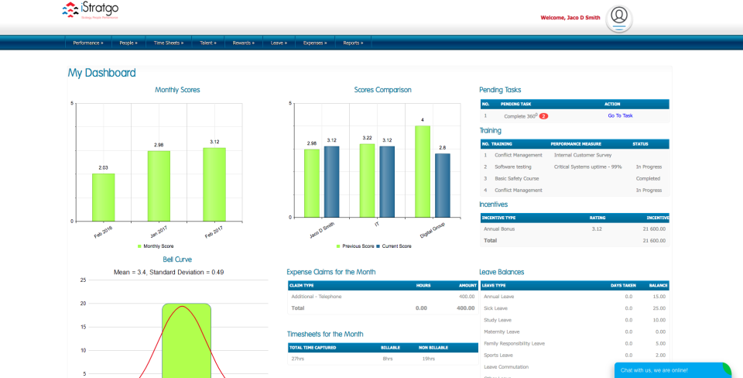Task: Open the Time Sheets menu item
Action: coord(168,43)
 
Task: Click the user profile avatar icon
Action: coord(618,17)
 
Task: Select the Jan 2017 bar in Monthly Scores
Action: coord(159,186)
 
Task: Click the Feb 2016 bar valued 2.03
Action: coord(103,197)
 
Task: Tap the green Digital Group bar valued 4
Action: coord(422,171)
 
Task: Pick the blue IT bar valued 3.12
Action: coord(387,181)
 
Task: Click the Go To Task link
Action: coord(620,115)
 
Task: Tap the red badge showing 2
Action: coord(543,116)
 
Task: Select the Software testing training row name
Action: coord(512,167)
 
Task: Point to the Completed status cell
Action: coord(648,178)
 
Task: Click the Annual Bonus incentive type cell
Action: coord(498,229)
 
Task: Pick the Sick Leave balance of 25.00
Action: coord(658,308)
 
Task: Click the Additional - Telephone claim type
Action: coord(316,297)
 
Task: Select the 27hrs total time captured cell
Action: coord(298,359)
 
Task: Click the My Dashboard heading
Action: coord(101,73)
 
